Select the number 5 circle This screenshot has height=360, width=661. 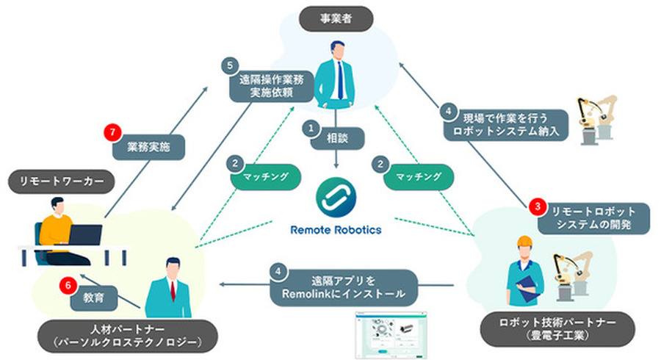coord(230,65)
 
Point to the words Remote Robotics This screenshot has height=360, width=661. coord(336,229)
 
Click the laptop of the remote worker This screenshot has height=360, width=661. coord(84,235)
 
